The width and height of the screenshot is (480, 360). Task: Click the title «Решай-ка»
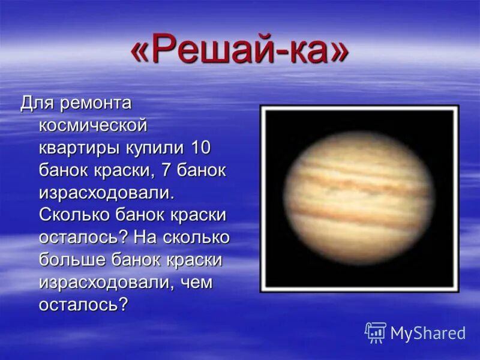point(239,52)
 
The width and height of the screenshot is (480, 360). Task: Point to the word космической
point(93,125)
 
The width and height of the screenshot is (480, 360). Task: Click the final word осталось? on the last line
point(83,304)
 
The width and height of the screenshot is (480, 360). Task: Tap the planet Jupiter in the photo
point(358,199)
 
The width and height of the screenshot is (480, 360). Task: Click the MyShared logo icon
point(375,332)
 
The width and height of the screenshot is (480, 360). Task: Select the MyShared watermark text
point(428,333)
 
